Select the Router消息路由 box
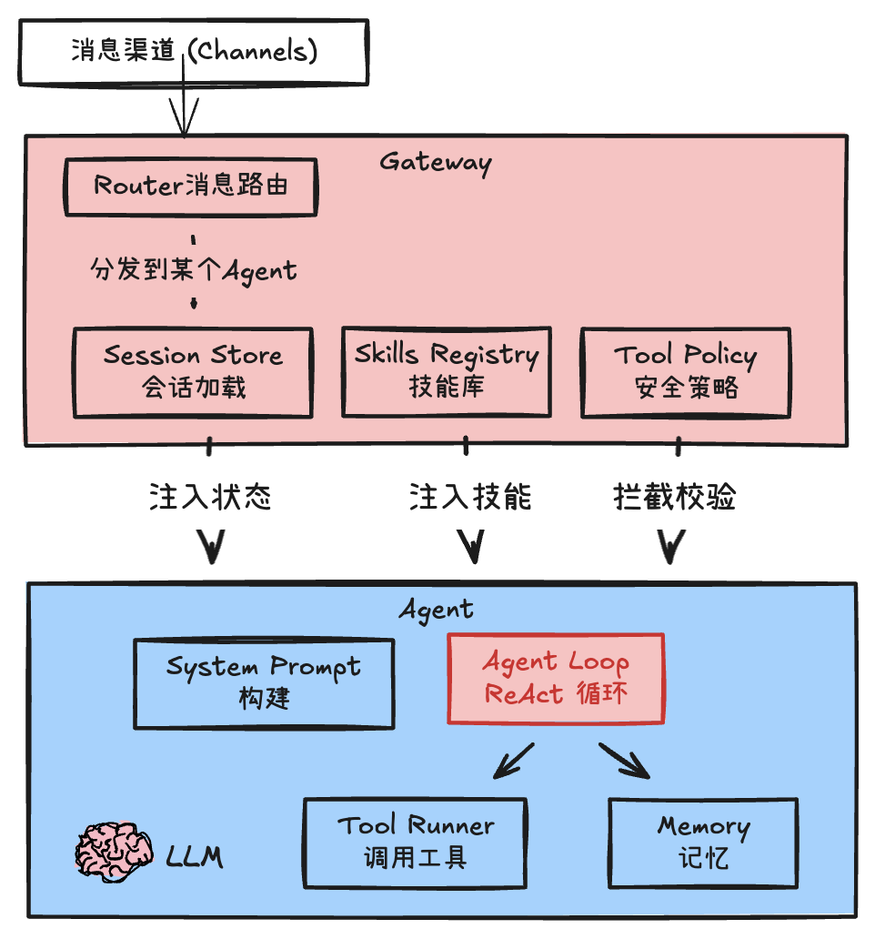[191, 187]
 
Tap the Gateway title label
[435, 162]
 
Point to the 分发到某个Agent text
[194, 269]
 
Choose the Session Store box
[193, 372]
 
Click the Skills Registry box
[446, 370]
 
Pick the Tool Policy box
[686, 371]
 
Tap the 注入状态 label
[210, 497]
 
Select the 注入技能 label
[470, 497]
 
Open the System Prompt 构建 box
[264, 683]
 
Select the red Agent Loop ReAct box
[556, 679]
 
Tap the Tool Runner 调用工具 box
[415, 843]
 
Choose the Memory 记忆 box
[702, 843]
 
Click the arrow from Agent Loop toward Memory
[626, 761]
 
